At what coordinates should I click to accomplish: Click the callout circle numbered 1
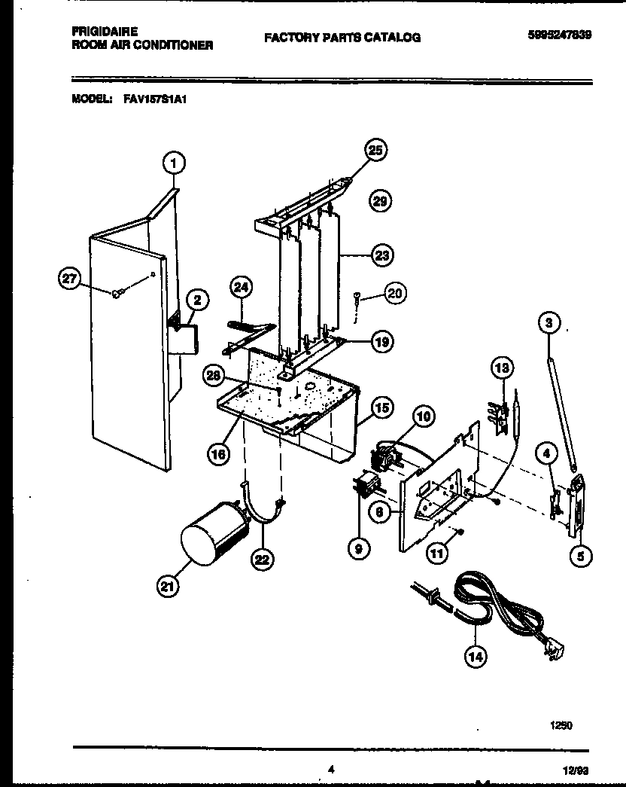pos(173,162)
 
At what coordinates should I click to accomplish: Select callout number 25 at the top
pos(375,151)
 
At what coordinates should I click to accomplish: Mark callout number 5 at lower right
pos(580,557)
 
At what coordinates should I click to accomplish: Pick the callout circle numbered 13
pos(501,368)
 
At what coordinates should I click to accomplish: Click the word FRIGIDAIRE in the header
pos(104,33)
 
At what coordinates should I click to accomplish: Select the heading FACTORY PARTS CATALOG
pos(342,37)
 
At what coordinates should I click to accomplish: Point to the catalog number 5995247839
pos(559,34)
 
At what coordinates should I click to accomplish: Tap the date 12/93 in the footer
pos(576,770)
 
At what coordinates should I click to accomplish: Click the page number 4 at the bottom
pos(330,769)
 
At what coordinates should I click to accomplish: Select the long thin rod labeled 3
pos(561,407)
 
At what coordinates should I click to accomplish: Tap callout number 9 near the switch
pos(358,549)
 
